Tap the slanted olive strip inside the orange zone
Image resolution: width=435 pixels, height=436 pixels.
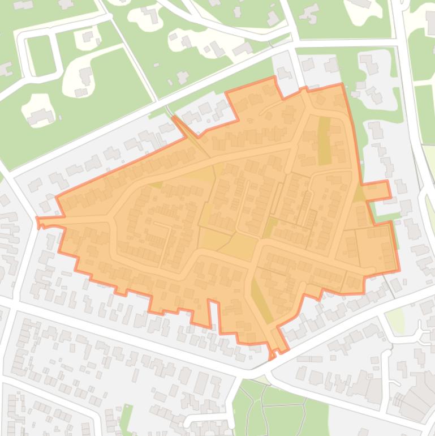261,300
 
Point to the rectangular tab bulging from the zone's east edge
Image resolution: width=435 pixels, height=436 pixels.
377,191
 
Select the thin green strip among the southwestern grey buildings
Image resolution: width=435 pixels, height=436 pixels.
127,419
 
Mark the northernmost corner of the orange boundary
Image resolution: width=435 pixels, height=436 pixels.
275,78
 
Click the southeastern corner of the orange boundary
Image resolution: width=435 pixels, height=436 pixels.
398,270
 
